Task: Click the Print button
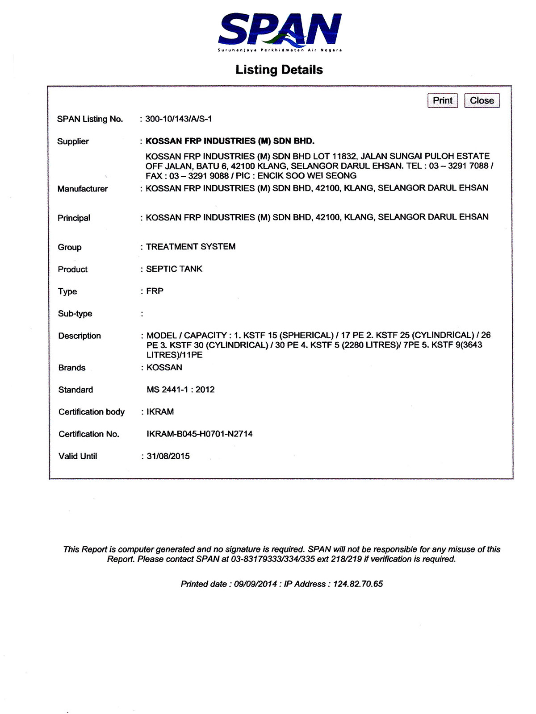(x=442, y=100)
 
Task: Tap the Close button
(x=482, y=100)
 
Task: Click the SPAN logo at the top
(x=280, y=32)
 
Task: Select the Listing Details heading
(x=279, y=70)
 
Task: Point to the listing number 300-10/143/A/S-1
(x=179, y=119)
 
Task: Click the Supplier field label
(x=73, y=141)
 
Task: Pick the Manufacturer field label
(x=83, y=189)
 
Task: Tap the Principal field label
(x=74, y=218)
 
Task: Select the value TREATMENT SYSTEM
(x=191, y=247)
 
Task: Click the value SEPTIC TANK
(x=174, y=269)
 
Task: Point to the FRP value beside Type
(x=155, y=291)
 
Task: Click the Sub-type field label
(x=75, y=314)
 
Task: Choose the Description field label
(x=80, y=336)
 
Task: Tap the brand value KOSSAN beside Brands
(x=164, y=367)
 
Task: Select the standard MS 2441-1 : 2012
(x=180, y=390)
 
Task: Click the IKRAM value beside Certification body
(x=160, y=411)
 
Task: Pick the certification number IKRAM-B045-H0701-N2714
(x=199, y=434)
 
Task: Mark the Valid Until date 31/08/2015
(x=168, y=456)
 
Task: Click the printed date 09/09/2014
(x=255, y=584)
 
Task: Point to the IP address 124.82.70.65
(x=358, y=584)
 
